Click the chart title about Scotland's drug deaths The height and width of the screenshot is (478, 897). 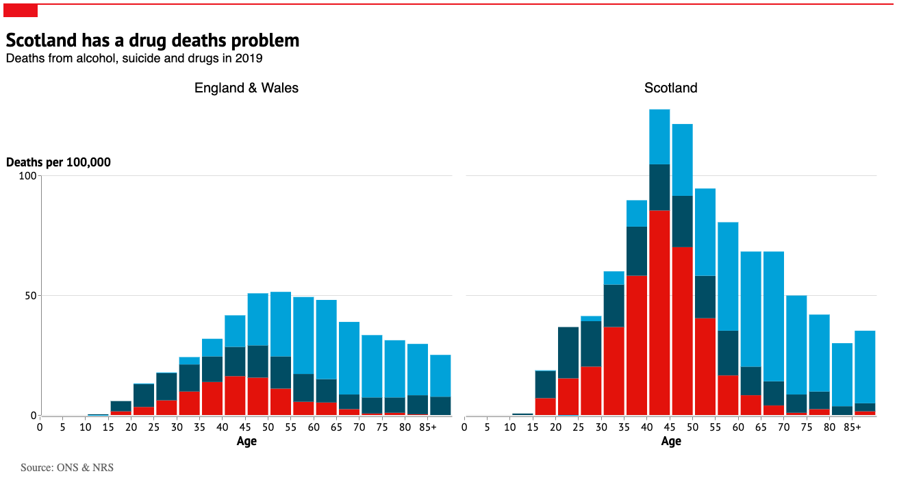[153, 40]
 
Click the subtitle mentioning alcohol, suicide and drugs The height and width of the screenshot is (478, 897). [134, 58]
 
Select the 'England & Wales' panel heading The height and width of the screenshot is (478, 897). [247, 88]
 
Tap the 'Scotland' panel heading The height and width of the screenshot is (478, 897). [671, 88]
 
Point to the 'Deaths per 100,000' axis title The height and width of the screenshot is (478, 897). [58, 162]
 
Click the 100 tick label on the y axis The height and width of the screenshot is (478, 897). [27, 176]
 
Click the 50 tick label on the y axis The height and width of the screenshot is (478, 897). [29, 296]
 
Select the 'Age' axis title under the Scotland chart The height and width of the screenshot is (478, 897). [671, 442]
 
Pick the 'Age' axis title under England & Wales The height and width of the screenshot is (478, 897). [247, 442]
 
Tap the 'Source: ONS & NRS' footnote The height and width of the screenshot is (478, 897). [67, 467]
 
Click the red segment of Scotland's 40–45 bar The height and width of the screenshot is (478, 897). [659, 312]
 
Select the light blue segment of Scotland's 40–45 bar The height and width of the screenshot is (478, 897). [659, 136]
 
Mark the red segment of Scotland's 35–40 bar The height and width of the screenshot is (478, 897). [637, 345]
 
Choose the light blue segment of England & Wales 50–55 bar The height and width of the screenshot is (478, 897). [281, 324]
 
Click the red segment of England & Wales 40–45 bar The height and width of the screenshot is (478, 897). [235, 395]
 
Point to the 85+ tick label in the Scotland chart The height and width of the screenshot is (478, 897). [852, 427]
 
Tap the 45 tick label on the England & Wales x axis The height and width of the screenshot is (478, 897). [245, 427]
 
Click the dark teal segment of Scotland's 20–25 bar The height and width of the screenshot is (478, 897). [568, 352]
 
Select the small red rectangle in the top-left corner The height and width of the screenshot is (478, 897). [21, 10]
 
